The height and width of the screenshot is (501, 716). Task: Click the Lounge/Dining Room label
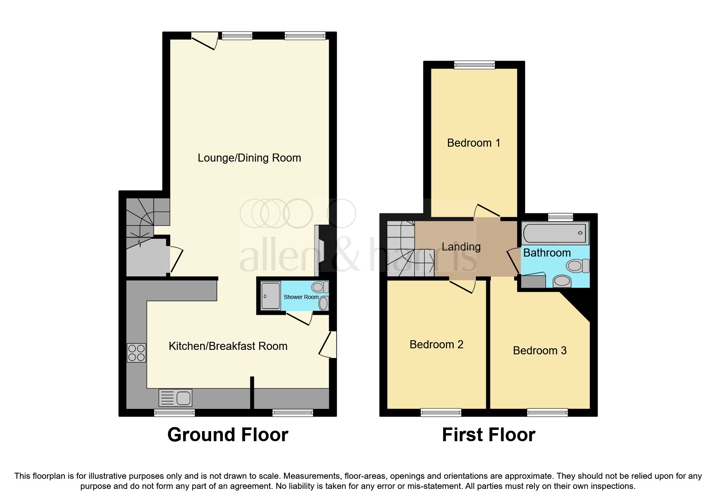pyautogui.click(x=249, y=158)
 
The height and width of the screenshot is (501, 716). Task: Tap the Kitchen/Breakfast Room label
pyautogui.click(x=228, y=346)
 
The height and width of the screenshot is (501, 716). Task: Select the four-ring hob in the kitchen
pyautogui.click(x=136, y=353)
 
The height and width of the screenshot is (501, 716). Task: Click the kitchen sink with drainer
pyautogui.click(x=175, y=398)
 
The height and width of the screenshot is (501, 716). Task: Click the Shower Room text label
pyautogui.click(x=301, y=297)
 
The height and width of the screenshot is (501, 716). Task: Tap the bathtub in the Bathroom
pyautogui.click(x=555, y=233)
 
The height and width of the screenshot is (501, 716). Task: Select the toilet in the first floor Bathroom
pyautogui.click(x=577, y=266)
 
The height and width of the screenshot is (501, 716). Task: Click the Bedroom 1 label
pyautogui.click(x=473, y=143)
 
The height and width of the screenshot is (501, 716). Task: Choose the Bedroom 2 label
pyautogui.click(x=436, y=345)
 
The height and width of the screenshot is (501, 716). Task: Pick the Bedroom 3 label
pyautogui.click(x=539, y=351)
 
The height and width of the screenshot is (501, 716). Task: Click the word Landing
pyautogui.click(x=461, y=247)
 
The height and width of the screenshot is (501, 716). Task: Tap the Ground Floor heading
pyautogui.click(x=228, y=435)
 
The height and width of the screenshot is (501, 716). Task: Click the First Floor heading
pyautogui.click(x=488, y=435)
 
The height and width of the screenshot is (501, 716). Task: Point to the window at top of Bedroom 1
pyautogui.click(x=474, y=65)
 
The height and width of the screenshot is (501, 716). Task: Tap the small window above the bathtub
pyautogui.click(x=560, y=217)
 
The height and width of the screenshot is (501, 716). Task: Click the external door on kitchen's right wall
pyautogui.click(x=329, y=345)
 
